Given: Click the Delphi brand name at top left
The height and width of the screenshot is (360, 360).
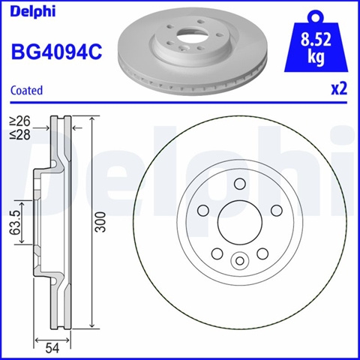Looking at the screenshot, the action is coord(33,11).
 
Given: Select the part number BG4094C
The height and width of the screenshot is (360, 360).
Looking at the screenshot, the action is coord(56,52).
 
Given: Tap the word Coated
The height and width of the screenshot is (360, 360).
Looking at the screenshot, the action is coord(27,90).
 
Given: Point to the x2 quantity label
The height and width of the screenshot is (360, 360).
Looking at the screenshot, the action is coord(339,89).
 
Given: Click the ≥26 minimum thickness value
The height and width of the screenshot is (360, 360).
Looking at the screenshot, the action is coord(20,121).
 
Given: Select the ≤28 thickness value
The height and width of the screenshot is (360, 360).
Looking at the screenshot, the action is coord(20,135).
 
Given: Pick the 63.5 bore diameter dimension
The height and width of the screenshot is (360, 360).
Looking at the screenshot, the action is coord(16,223).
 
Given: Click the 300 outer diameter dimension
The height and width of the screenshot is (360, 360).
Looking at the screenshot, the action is coord(100,222).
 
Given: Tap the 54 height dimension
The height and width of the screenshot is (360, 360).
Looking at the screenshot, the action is coord(52,348).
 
